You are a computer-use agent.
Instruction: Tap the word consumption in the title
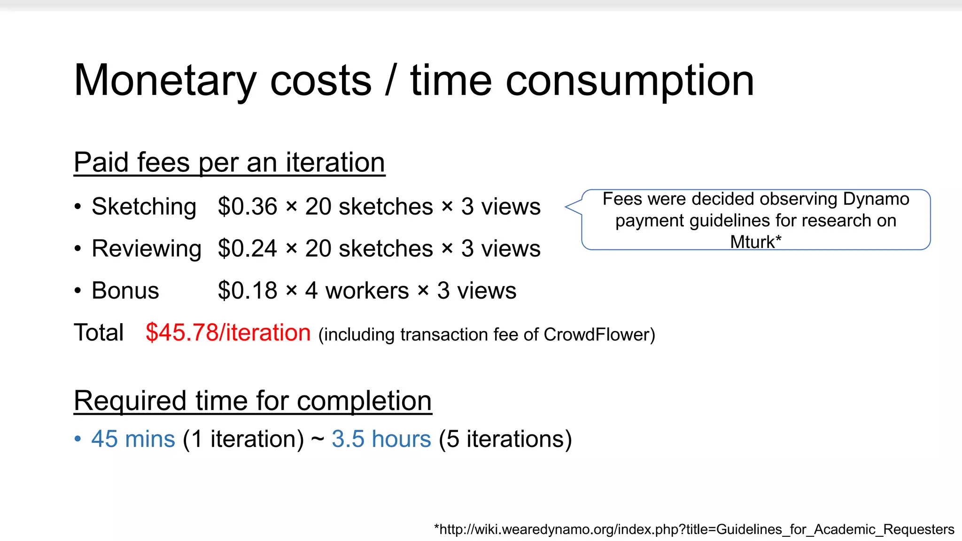click(x=629, y=81)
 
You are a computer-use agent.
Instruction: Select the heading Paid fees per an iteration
click(x=229, y=162)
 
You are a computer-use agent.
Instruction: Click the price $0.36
click(x=248, y=207)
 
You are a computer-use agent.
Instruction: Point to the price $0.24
click(x=248, y=248)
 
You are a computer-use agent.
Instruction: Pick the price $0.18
click(x=248, y=291)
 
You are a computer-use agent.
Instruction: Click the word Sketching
click(x=144, y=207)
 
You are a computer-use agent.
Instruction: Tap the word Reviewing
click(x=147, y=248)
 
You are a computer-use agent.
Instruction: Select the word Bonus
click(x=125, y=291)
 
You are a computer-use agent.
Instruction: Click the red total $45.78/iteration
click(x=228, y=332)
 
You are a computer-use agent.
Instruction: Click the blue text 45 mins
click(x=133, y=439)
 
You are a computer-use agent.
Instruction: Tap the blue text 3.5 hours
click(x=381, y=439)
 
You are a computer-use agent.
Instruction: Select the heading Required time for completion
click(x=253, y=401)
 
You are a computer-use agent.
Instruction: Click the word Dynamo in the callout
click(x=876, y=199)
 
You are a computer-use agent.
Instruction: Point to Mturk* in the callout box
click(x=756, y=242)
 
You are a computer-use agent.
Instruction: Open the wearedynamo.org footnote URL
click(x=694, y=529)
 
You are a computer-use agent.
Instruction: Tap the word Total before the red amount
click(x=99, y=332)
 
